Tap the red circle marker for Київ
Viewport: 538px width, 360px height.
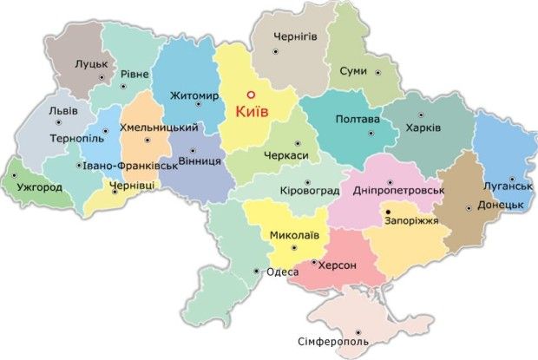pos(249,95)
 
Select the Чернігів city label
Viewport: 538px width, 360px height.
pos(296,37)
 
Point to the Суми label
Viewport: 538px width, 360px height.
pos(353,71)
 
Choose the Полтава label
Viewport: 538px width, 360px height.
pos(357,119)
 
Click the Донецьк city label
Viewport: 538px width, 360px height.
pos(503,205)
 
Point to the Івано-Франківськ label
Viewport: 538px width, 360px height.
pos(129,166)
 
